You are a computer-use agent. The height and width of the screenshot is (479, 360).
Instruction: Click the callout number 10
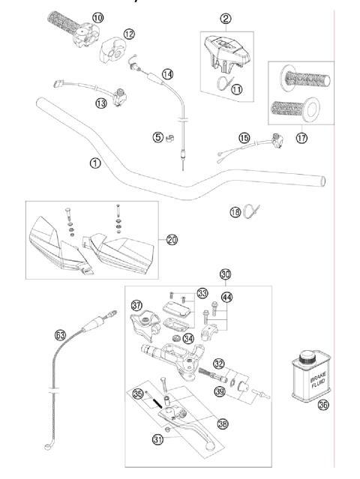click(x=98, y=16)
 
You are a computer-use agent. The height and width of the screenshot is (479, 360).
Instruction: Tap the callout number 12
click(x=129, y=34)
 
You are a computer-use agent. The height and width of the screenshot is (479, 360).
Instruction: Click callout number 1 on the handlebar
click(x=94, y=163)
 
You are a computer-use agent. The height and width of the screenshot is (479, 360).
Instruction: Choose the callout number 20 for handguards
click(x=172, y=240)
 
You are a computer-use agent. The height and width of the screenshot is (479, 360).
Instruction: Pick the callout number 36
click(x=323, y=406)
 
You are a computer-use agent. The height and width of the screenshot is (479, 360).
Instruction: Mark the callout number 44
click(x=226, y=298)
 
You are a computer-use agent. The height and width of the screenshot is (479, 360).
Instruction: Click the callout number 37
click(x=136, y=305)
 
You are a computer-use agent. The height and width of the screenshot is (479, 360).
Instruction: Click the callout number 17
click(x=301, y=139)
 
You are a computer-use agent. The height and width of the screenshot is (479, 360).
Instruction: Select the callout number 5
click(x=157, y=137)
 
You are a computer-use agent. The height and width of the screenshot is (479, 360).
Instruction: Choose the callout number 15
click(x=244, y=138)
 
